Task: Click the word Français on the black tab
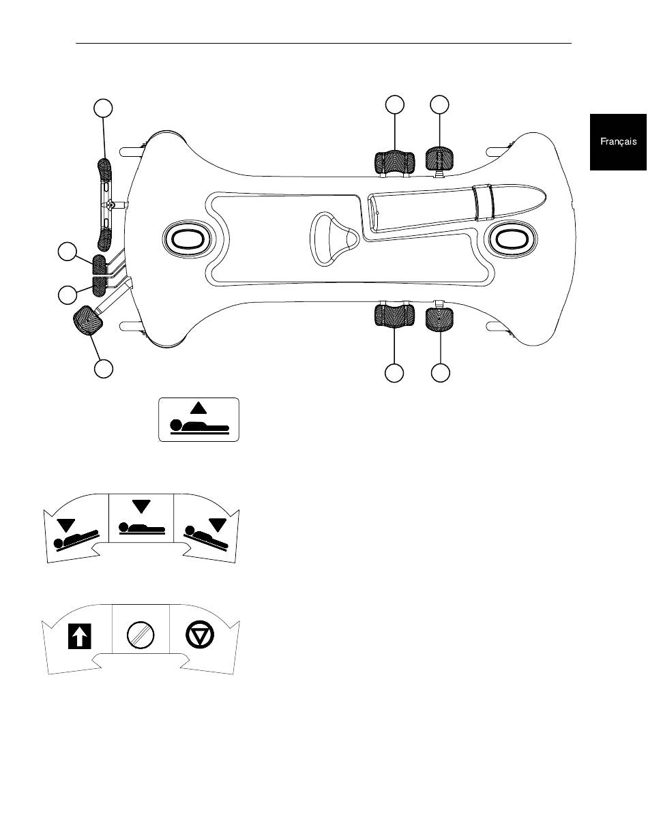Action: tap(618, 142)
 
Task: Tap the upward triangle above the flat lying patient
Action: tap(198, 408)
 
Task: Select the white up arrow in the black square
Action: tap(80, 636)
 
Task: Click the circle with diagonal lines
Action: tap(141, 635)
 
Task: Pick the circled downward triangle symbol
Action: tap(200, 634)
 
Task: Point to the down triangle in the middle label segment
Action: tap(141, 507)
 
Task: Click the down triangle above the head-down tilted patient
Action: tap(66, 526)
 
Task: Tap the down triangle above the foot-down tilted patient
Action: tap(218, 525)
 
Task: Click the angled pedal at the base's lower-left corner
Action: tap(88, 320)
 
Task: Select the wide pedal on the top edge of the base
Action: tap(394, 162)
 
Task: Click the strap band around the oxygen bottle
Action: tap(484, 203)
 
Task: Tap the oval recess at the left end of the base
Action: tap(187, 240)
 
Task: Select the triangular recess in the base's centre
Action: tap(335, 239)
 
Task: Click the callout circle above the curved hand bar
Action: tap(104, 108)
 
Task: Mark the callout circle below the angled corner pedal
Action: tap(104, 369)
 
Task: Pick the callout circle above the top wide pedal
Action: tap(395, 104)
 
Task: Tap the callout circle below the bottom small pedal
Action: tap(440, 373)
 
